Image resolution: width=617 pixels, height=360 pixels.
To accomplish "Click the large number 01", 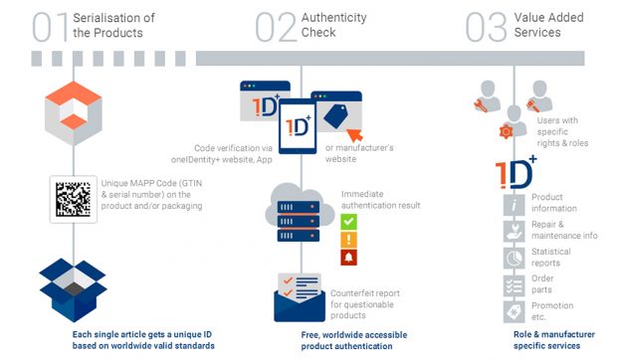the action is (x=51, y=27).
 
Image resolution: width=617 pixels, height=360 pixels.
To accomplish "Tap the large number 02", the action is (x=276, y=27).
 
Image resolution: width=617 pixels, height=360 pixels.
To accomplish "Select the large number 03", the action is (x=486, y=27).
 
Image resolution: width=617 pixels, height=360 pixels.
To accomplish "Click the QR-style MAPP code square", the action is (x=74, y=199).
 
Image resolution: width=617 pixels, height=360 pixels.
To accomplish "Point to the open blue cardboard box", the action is (x=74, y=289).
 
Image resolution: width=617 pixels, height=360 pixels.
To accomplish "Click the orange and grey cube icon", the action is (x=74, y=113).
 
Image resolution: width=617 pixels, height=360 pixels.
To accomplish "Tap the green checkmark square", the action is (x=348, y=222).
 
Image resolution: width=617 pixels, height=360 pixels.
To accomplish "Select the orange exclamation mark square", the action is (x=348, y=240).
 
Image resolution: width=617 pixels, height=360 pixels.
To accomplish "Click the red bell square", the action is (x=348, y=258).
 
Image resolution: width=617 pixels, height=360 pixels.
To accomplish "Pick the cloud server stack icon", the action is (x=300, y=213).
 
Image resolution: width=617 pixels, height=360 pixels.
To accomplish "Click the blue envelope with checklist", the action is (x=300, y=297).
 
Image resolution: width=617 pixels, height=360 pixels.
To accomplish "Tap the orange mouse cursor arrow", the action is (x=355, y=135).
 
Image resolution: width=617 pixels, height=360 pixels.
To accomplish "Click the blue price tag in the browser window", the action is (x=335, y=116).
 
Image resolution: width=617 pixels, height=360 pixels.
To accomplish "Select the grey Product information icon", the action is (x=514, y=205).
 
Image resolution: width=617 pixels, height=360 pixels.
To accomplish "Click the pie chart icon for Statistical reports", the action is (x=514, y=258).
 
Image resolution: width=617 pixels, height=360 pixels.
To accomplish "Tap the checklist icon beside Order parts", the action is (x=514, y=285).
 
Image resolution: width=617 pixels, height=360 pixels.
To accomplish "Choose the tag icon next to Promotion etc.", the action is (x=514, y=312).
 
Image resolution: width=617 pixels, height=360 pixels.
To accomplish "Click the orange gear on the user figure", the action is (x=506, y=131).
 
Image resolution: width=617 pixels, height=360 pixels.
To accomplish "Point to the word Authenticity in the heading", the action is (x=334, y=18).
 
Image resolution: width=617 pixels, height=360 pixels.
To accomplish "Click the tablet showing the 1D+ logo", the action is (x=298, y=126).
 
